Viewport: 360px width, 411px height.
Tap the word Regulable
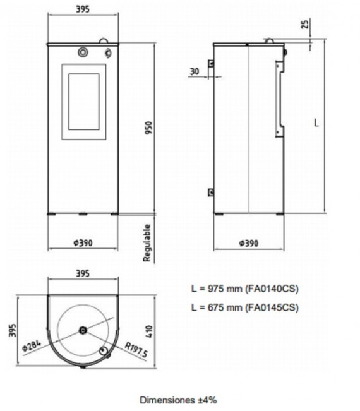pyautogui.click(x=147, y=242)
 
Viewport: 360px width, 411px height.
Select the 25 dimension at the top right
pyautogui.click(x=306, y=24)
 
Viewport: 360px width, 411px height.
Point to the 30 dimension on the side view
pyautogui.click(x=193, y=72)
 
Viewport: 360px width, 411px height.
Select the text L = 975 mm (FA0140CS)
pyautogui.click(x=244, y=289)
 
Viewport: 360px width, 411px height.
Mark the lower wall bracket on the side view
pyautogui.click(x=212, y=192)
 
